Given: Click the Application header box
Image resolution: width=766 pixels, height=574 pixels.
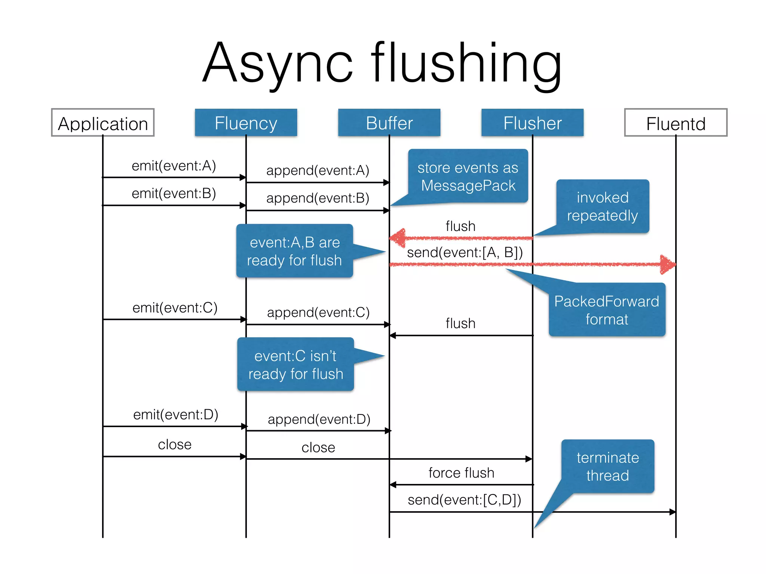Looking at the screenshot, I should click(x=103, y=123).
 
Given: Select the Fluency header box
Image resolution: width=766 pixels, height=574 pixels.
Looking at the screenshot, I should click(x=246, y=123).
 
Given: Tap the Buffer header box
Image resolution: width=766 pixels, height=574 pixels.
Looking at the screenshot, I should click(x=389, y=123).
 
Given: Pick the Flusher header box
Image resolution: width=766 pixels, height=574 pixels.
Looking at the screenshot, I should click(x=532, y=123).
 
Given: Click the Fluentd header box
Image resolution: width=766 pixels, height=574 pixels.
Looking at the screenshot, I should click(x=675, y=123).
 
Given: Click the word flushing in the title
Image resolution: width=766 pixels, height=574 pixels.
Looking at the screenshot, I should click(x=466, y=64).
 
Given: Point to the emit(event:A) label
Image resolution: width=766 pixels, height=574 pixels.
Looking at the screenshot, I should click(x=174, y=166).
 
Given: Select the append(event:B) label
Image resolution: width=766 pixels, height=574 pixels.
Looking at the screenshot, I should click(x=318, y=198).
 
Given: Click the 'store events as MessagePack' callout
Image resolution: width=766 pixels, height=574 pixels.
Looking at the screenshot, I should click(x=468, y=176).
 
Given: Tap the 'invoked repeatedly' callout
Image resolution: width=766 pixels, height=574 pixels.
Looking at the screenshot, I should click(x=602, y=206).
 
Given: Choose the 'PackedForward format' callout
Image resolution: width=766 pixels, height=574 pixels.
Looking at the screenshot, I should click(x=607, y=310).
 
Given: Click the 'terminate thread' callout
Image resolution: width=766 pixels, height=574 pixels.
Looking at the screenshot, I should click(x=607, y=466).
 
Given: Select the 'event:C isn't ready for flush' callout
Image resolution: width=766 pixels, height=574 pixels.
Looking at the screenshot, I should click(x=295, y=364).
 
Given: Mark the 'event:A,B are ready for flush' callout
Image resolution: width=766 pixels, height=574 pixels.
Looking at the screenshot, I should click(x=294, y=251).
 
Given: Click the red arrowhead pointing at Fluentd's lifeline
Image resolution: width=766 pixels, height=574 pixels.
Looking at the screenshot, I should click(x=668, y=265).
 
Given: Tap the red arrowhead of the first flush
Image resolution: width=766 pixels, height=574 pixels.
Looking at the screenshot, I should click(x=398, y=238).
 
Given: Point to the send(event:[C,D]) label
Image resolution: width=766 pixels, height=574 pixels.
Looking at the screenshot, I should click(x=464, y=500).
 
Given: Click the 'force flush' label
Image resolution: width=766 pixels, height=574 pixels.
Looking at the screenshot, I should click(x=461, y=473).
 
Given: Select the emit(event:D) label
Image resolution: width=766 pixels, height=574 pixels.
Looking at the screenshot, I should click(x=175, y=414).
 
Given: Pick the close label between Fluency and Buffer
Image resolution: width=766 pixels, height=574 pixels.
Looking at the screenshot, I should click(x=318, y=447).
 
